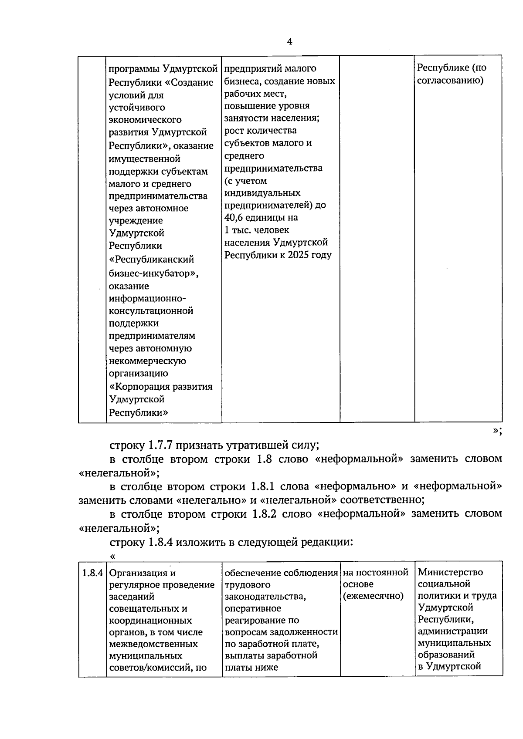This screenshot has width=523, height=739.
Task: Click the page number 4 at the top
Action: click(290, 41)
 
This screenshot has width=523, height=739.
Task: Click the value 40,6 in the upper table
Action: click(235, 217)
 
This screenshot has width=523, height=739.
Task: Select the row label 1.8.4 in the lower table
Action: click(92, 573)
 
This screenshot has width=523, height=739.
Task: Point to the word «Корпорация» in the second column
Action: click(139, 386)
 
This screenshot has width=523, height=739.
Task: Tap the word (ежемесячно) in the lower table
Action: click(373, 596)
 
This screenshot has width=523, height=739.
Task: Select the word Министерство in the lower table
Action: click(450, 572)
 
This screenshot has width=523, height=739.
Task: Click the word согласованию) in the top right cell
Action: click(450, 81)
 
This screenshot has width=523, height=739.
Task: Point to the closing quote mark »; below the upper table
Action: click(497, 431)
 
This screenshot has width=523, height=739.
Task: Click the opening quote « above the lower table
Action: click(113, 556)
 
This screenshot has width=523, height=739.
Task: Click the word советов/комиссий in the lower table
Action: click(147, 668)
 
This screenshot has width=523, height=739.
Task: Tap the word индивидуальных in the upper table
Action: click(262, 192)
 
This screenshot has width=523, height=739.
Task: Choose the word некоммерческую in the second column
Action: click(147, 361)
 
